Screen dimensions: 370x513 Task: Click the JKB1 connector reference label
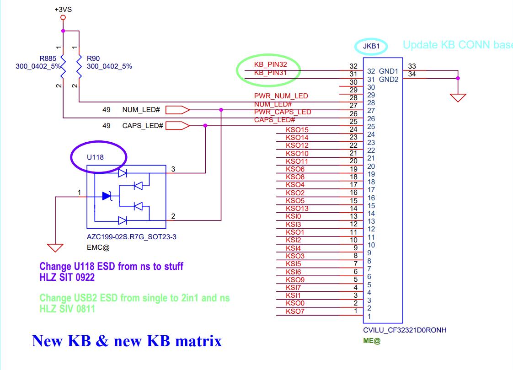click(371, 46)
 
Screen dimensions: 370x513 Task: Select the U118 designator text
click(95, 157)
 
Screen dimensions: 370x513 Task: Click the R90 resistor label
click(93, 59)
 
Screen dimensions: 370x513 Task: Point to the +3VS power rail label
click(63, 9)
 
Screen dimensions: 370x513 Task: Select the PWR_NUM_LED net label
click(281, 96)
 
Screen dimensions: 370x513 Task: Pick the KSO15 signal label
click(297, 130)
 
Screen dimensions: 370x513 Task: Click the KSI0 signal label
click(294, 216)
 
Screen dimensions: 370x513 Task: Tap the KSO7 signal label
click(295, 311)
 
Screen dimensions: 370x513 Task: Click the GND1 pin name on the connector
click(389, 71)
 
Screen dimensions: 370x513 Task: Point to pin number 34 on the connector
click(412, 74)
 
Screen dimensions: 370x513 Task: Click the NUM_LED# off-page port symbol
click(177, 110)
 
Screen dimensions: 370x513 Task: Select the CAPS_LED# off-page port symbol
click(177, 125)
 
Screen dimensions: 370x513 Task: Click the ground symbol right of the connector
click(458, 97)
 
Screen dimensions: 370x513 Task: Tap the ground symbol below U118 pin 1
click(56, 247)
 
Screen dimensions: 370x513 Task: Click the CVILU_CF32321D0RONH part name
click(405, 330)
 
